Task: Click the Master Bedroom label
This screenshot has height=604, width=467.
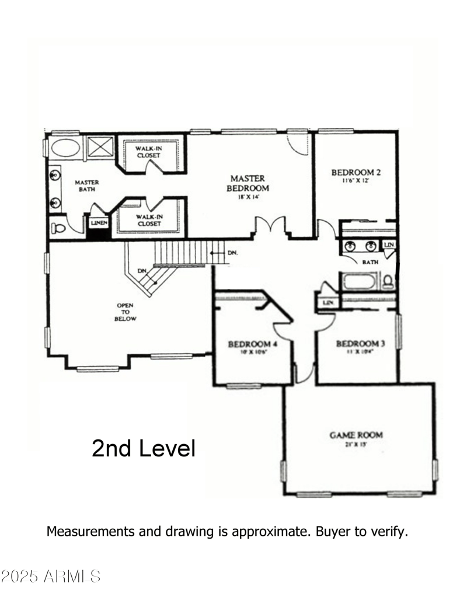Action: pos(248,183)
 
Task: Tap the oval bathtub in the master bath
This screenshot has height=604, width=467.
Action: pos(65,147)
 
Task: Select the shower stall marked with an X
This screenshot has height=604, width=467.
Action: pos(101,146)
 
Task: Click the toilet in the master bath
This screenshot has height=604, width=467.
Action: pos(59,227)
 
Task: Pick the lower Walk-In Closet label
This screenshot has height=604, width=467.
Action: pos(148,220)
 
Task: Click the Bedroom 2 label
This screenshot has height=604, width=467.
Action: pos(356,172)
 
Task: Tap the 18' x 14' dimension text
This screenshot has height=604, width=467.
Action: pos(248,197)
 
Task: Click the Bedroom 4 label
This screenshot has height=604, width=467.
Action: pos(252,344)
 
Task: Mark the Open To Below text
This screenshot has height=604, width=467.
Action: pos(126,312)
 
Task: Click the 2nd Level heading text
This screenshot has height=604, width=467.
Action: pos(143,448)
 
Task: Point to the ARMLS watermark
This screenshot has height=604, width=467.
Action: pos(51,577)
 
